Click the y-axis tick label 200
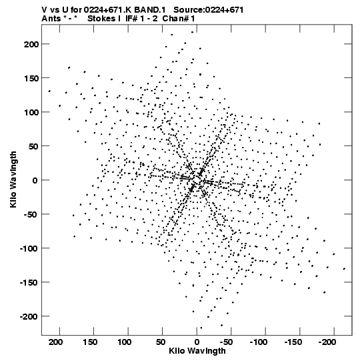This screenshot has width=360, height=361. [x=31, y=44]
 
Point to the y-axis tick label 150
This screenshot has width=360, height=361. [x=31, y=78]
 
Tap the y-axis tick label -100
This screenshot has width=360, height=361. [x=29, y=249]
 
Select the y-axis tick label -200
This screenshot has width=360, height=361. [x=29, y=317]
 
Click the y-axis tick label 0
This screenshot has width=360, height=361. [x=35, y=180]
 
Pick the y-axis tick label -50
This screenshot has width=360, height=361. [x=31, y=215]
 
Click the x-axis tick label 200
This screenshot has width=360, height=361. [x=56, y=342]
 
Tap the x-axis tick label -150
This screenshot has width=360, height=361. [x=293, y=342]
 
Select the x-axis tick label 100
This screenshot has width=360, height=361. [x=124, y=342]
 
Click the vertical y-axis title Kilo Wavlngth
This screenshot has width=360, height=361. [x=13, y=179]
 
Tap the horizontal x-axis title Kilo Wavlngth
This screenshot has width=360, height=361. [x=197, y=351]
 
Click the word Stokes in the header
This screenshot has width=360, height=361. [x=102, y=19]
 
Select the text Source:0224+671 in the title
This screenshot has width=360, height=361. [x=209, y=10]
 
